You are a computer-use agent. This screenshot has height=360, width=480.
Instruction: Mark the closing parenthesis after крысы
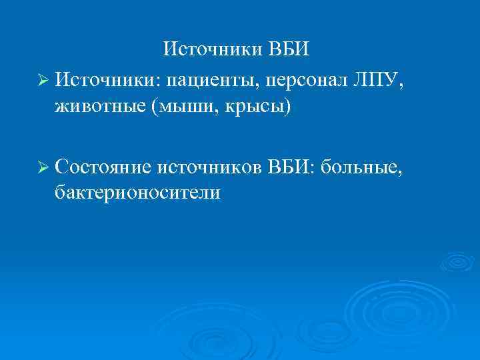tap(288, 107)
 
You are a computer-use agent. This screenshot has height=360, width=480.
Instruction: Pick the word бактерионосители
tap(138, 192)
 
